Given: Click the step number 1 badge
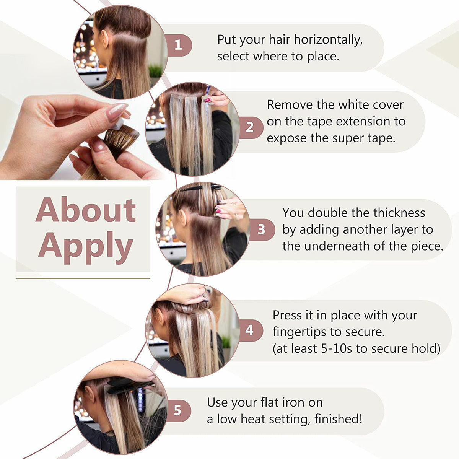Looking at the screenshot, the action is pos(179,45).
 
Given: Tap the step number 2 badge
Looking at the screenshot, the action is pos(250,127).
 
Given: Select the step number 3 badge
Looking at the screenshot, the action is pos(262,229).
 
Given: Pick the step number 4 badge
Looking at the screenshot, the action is pos(250,330).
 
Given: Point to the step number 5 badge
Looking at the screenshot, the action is pos(178,410).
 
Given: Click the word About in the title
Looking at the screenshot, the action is pos(86,210).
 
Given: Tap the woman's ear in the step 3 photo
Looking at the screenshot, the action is pos(182,218).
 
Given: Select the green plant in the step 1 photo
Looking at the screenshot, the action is pos(156,71).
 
